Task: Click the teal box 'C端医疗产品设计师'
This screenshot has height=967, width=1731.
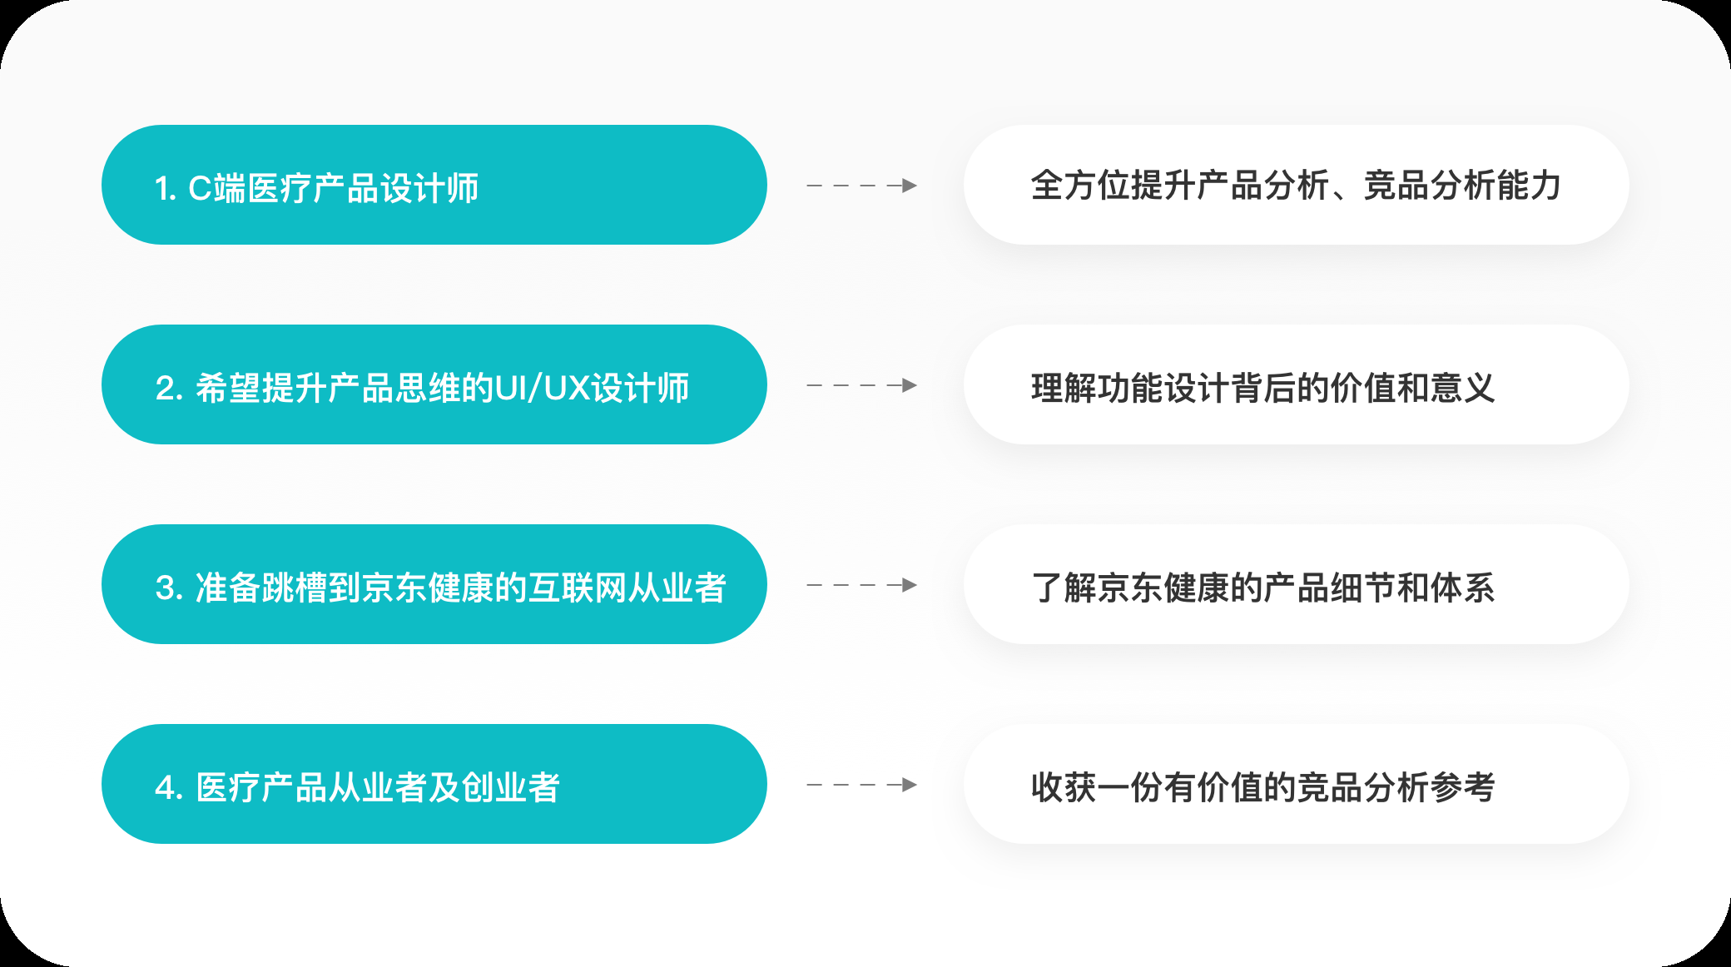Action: tap(434, 185)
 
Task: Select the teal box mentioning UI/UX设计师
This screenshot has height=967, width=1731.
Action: tap(434, 384)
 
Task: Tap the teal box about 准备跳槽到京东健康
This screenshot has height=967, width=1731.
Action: tap(434, 584)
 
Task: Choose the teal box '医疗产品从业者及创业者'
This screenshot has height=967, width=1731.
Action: tap(434, 784)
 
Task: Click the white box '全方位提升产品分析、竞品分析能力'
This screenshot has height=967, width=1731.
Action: tap(1296, 185)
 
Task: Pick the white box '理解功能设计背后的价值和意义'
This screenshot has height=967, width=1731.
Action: tap(1296, 384)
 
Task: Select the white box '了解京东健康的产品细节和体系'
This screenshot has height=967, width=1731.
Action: tap(1296, 584)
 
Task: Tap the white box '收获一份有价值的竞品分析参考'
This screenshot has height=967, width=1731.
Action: tap(1296, 784)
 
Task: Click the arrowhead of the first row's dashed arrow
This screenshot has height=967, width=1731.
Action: tap(910, 186)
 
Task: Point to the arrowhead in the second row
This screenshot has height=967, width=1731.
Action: tap(910, 385)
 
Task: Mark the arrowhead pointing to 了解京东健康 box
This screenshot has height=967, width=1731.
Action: tap(910, 585)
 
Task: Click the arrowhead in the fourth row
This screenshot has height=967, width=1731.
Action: tap(910, 785)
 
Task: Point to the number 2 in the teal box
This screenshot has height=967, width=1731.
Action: tap(166, 389)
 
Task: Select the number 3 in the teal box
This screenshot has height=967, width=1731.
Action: tap(166, 588)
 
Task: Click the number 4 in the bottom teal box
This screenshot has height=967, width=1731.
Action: tap(166, 788)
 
